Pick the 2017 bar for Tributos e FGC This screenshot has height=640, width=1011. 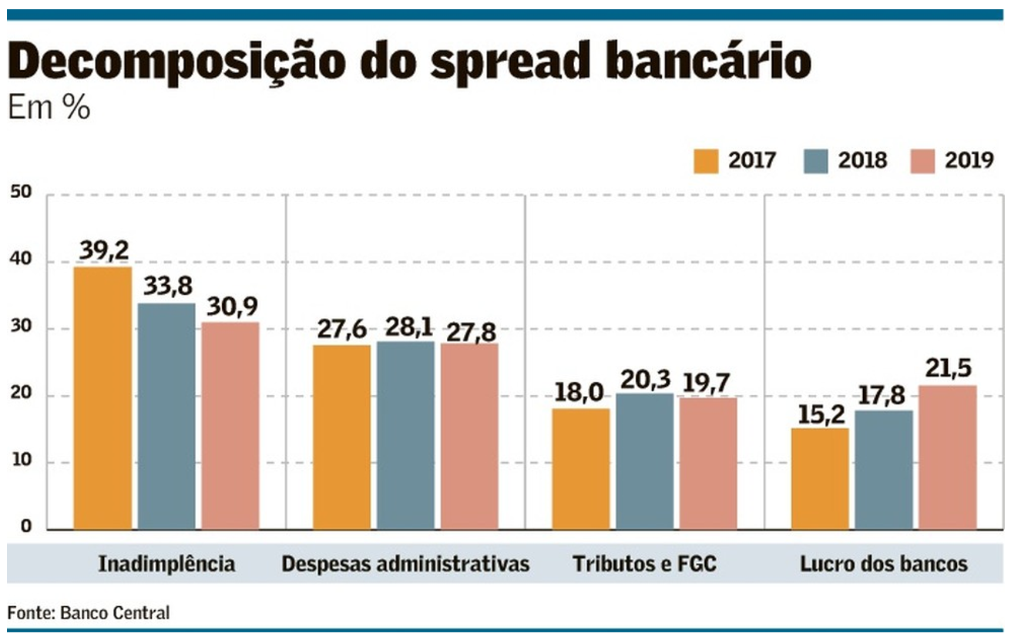pyautogui.click(x=581, y=469)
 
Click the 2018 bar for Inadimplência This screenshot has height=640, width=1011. pyautogui.click(x=166, y=416)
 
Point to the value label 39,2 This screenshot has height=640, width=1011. pyautogui.click(x=103, y=250)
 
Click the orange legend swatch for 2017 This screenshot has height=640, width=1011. pyautogui.click(x=706, y=160)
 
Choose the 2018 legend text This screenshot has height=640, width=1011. pyautogui.click(x=862, y=160)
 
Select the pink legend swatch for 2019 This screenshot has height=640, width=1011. pyautogui.click(x=921, y=160)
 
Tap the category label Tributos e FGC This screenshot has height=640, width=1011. pyautogui.click(x=644, y=564)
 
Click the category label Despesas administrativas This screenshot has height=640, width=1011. pyautogui.click(x=405, y=564)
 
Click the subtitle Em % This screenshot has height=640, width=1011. pyautogui.click(x=49, y=109)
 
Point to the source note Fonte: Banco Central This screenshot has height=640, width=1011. pyautogui.click(x=88, y=613)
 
